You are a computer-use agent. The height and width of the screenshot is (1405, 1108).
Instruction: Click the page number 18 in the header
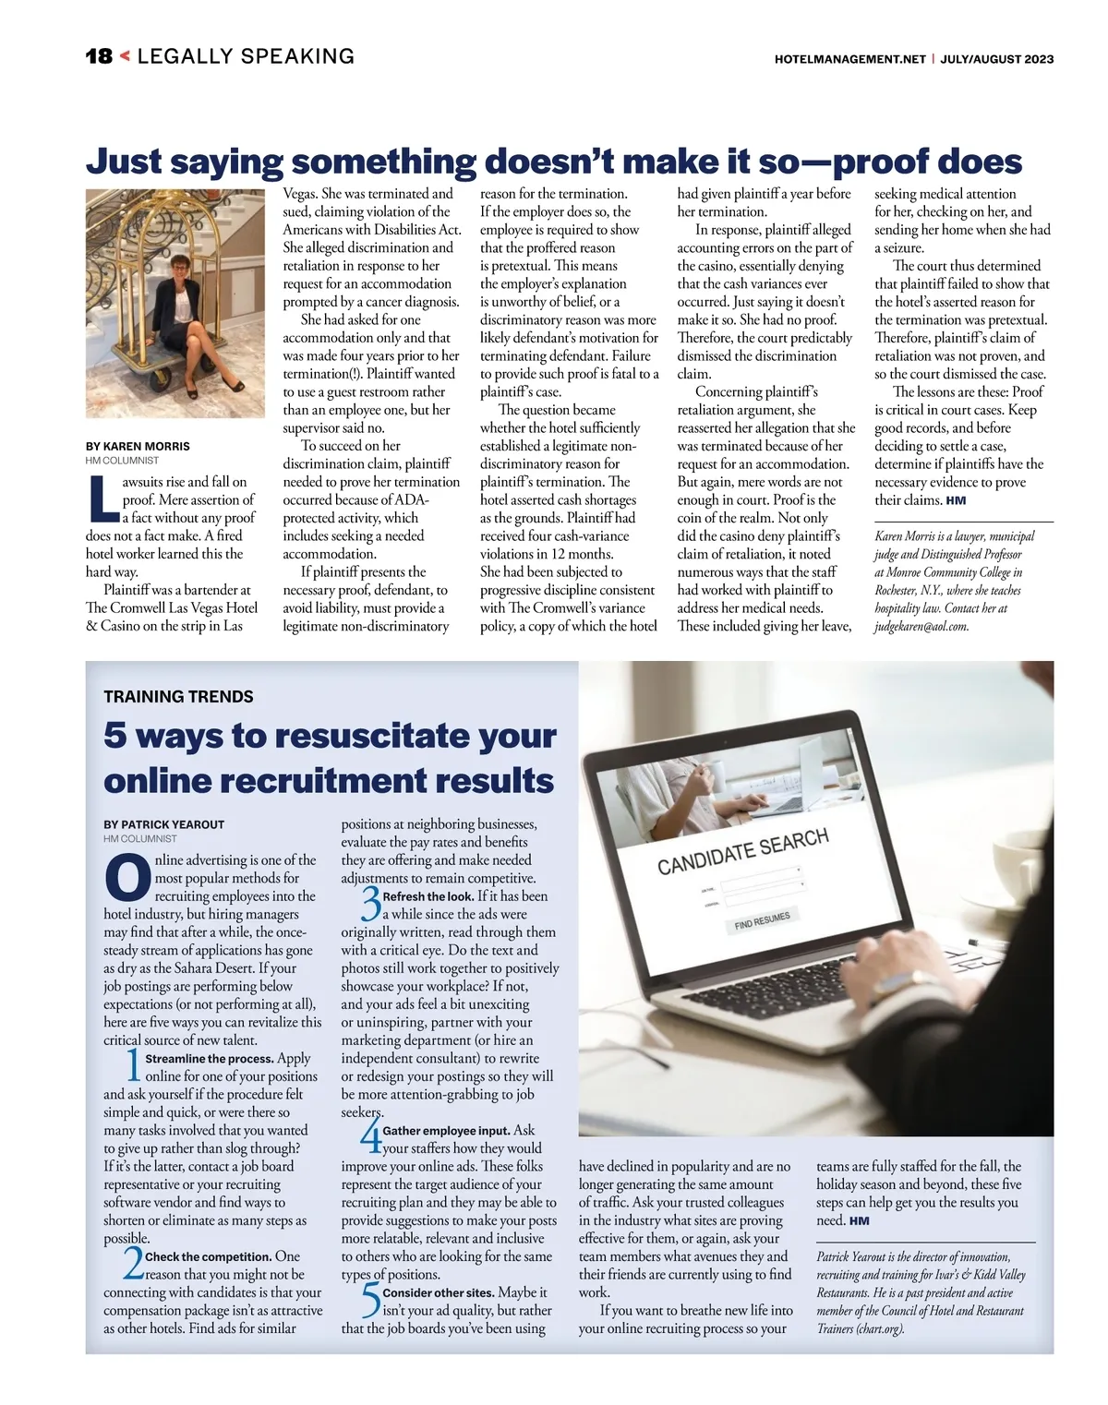pyautogui.click(x=98, y=56)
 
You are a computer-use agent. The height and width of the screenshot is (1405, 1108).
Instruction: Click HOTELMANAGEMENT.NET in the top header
pyautogui.click(x=850, y=59)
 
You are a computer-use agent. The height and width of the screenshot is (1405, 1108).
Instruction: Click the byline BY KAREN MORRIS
pyautogui.click(x=138, y=446)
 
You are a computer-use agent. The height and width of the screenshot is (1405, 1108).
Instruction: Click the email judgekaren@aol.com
pyautogui.click(x=921, y=626)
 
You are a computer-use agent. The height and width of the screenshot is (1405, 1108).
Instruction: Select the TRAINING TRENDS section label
pyautogui.click(x=178, y=697)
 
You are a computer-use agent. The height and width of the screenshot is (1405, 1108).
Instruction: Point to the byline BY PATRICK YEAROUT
pyautogui.click(x=164, y=824)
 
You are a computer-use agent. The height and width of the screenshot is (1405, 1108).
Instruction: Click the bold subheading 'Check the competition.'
pyautogui.click(x=208, y=1256)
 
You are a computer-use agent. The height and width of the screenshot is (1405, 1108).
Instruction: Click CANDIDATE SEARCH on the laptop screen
pyautogui.click(x=742, y=851)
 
